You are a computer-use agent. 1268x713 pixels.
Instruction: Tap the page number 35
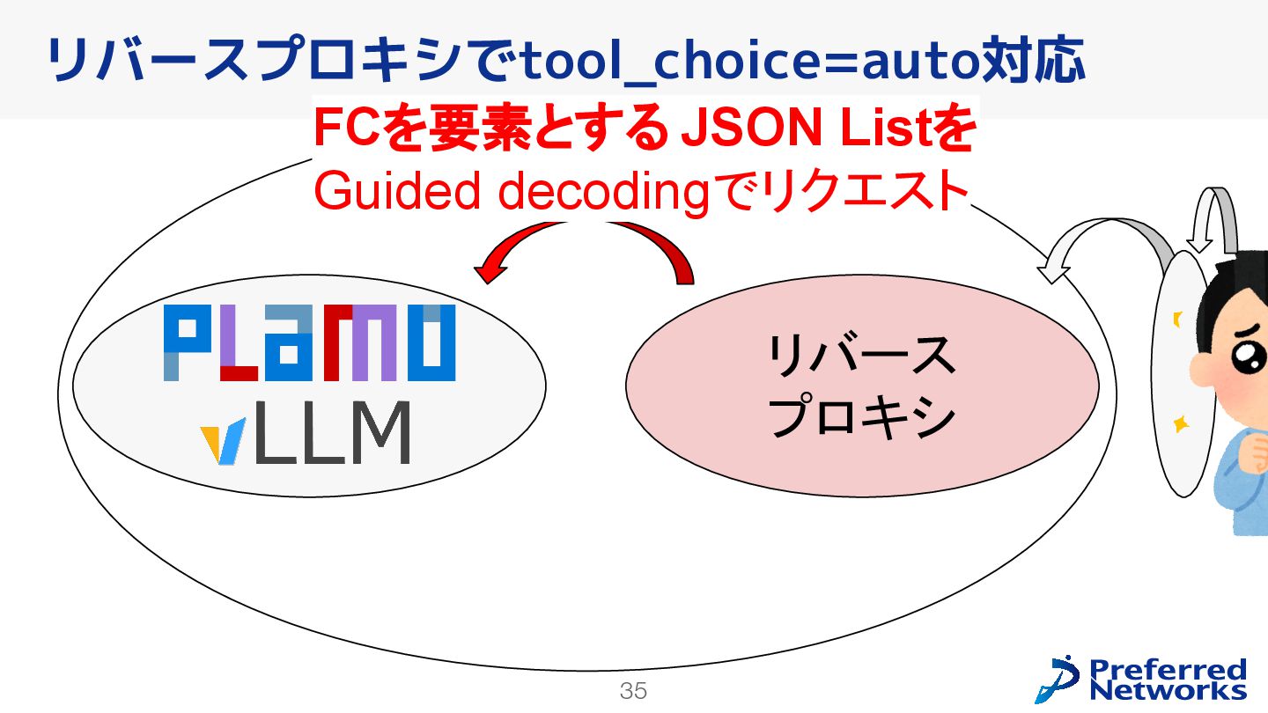[633, 691]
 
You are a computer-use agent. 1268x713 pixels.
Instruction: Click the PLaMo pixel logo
[309, 343]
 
